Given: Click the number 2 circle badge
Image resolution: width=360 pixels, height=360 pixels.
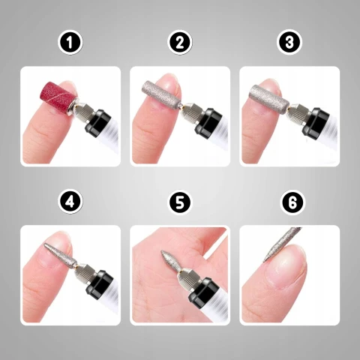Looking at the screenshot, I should (x=179, y=43).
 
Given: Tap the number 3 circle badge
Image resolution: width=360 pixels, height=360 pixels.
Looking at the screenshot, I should (x=289, y=43).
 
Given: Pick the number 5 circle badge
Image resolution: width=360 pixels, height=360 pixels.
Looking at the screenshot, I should (x=179, y=202).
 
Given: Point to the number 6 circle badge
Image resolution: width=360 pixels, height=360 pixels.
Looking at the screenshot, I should (x=289, y=202).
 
